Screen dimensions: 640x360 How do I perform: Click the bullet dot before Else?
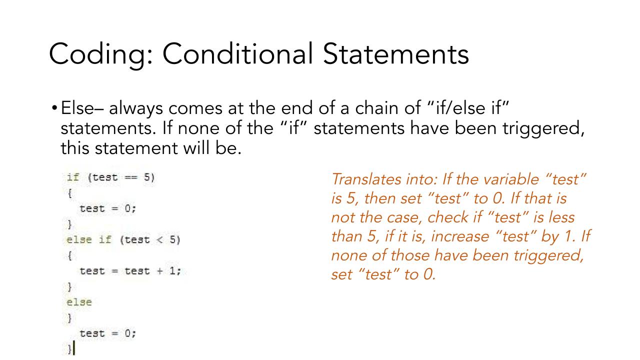54,108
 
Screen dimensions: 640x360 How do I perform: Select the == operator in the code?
131,177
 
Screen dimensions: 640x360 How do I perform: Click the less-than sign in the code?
159,239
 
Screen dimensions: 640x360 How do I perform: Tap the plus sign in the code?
159,271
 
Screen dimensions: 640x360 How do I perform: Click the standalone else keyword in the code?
79,302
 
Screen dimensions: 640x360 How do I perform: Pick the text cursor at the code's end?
74,347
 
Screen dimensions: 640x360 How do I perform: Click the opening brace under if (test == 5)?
69,193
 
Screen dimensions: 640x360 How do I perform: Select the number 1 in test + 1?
172,270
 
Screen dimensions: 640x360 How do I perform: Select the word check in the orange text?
447,217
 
